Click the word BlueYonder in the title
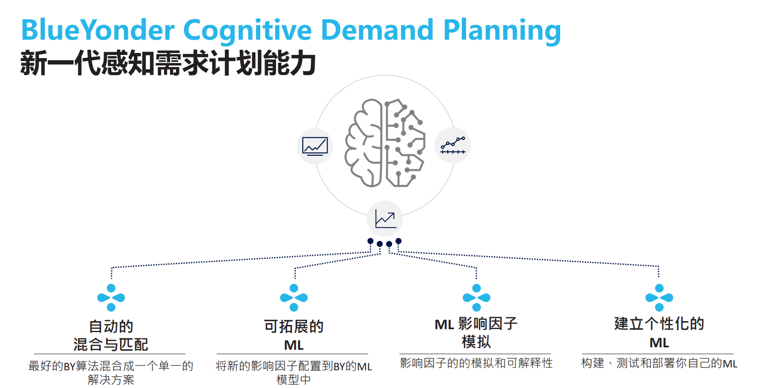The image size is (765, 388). [x=98, y=30]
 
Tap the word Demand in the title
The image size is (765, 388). [x=377, y=30]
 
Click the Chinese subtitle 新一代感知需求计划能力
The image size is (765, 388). [x=168, y=63]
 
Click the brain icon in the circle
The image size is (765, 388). [x=385, y=143]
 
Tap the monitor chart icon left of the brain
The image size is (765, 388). [x=315, y=146]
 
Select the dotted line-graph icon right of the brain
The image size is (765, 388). [x=453, y=145]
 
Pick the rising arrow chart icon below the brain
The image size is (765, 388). [x=385, y=218]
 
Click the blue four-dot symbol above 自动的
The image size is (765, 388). [x=111, y=298]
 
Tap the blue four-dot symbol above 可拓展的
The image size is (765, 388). [x=294, y=298]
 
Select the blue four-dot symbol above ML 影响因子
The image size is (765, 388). [x=477, y=298]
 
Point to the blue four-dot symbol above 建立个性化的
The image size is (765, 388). [x=659, y=298]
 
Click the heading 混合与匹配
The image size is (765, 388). [x=111, y=344]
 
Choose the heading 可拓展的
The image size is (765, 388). [x=294, y=326]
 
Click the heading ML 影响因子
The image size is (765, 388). [x=476, y=324]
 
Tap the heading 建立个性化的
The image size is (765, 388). [x=659, y=324]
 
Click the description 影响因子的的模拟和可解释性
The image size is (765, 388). [x=476, y=363]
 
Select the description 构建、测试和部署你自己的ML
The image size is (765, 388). [x=659, y=363]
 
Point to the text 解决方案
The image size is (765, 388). [x=111, y=380]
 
